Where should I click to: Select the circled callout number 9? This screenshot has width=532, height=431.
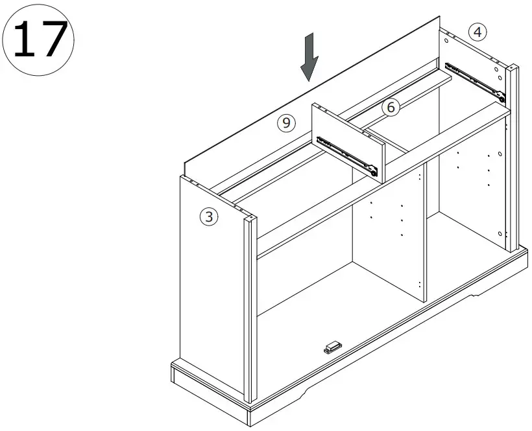287,122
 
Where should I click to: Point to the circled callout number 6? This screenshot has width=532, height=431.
390,108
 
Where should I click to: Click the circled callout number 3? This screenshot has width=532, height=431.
208,217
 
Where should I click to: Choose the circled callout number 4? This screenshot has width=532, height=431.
477,32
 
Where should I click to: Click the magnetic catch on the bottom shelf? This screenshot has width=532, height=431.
332,348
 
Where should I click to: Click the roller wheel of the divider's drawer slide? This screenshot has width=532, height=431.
372,172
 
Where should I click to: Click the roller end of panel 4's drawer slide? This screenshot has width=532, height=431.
501,97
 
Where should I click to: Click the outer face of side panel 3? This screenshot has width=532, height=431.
211,285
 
